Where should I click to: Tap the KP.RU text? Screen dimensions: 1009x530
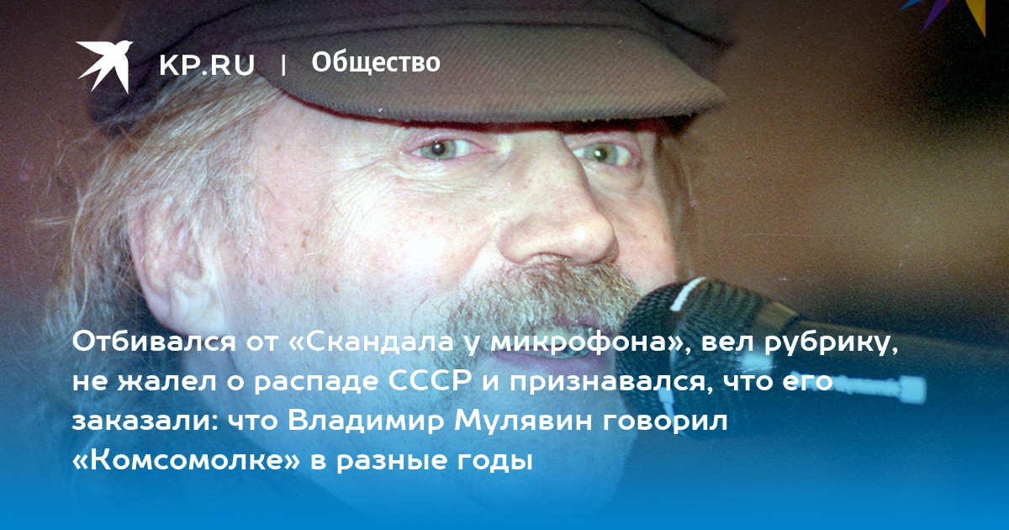pos(207,65)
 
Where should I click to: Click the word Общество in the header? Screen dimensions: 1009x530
pos(376,62)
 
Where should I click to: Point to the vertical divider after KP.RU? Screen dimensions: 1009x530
pos(283,66)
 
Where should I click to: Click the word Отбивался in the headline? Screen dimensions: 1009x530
pos(154,342)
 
